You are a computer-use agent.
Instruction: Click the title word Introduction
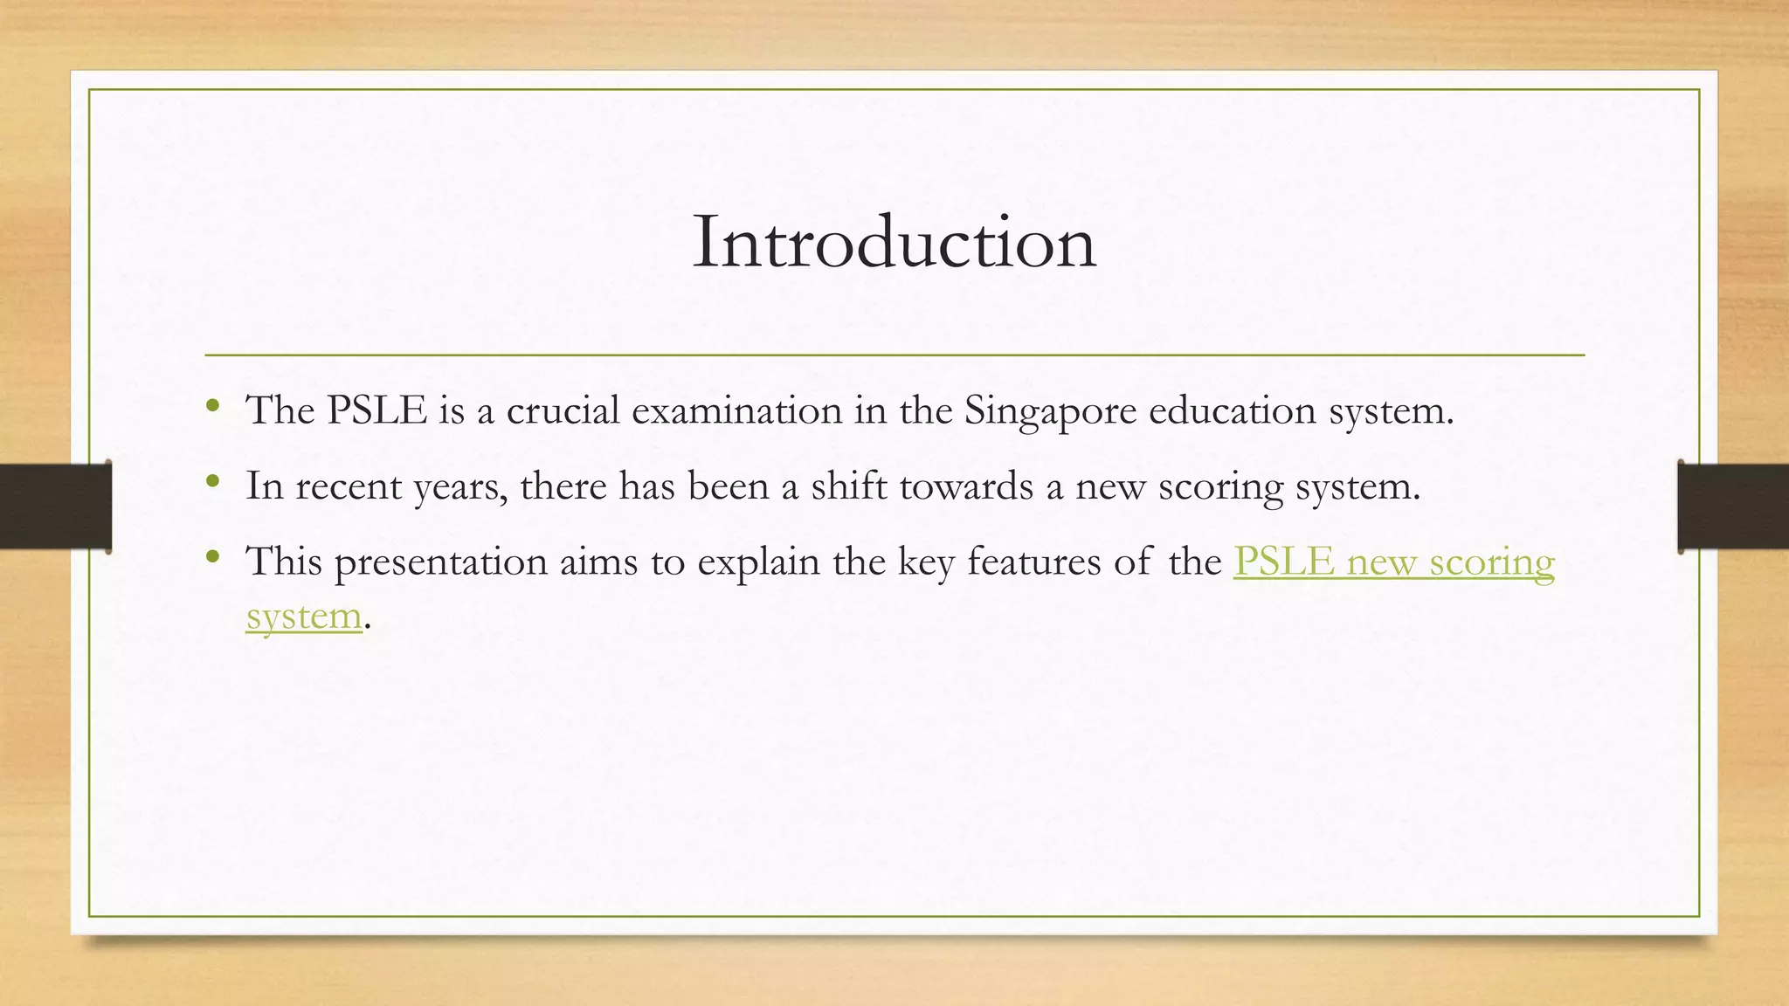coord(894,242)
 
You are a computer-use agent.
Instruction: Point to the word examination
coord(736,410)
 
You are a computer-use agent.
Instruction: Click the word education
coord(1232,410)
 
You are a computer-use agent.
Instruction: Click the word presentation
coord(441,562)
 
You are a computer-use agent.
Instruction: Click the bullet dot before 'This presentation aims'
coord(212,555)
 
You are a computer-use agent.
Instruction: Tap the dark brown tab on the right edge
coord(1733,506)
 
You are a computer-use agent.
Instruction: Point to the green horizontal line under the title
coord(894,355)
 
